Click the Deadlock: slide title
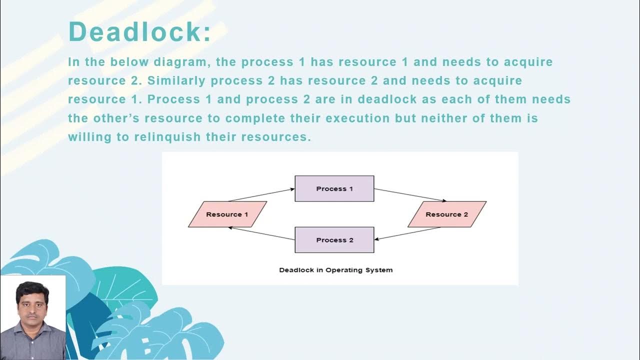pyautogui.click(x=139, y=31)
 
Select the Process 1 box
pyautogui.click(x=334, y=188)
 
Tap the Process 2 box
pyautogui.click(x=334, y=240)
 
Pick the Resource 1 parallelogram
pyautogui.click(x=227, y=214)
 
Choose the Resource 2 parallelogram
pyautogui.click(x=446, y=214)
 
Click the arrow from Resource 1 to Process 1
pyautogui.click(x=261, y=194)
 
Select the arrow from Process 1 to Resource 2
pyautogui.click(x=410, y=195)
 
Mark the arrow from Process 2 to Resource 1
pyautogui.click(x=261, y=233)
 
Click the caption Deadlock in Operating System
pyautogui.click(x=335, y=270)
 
